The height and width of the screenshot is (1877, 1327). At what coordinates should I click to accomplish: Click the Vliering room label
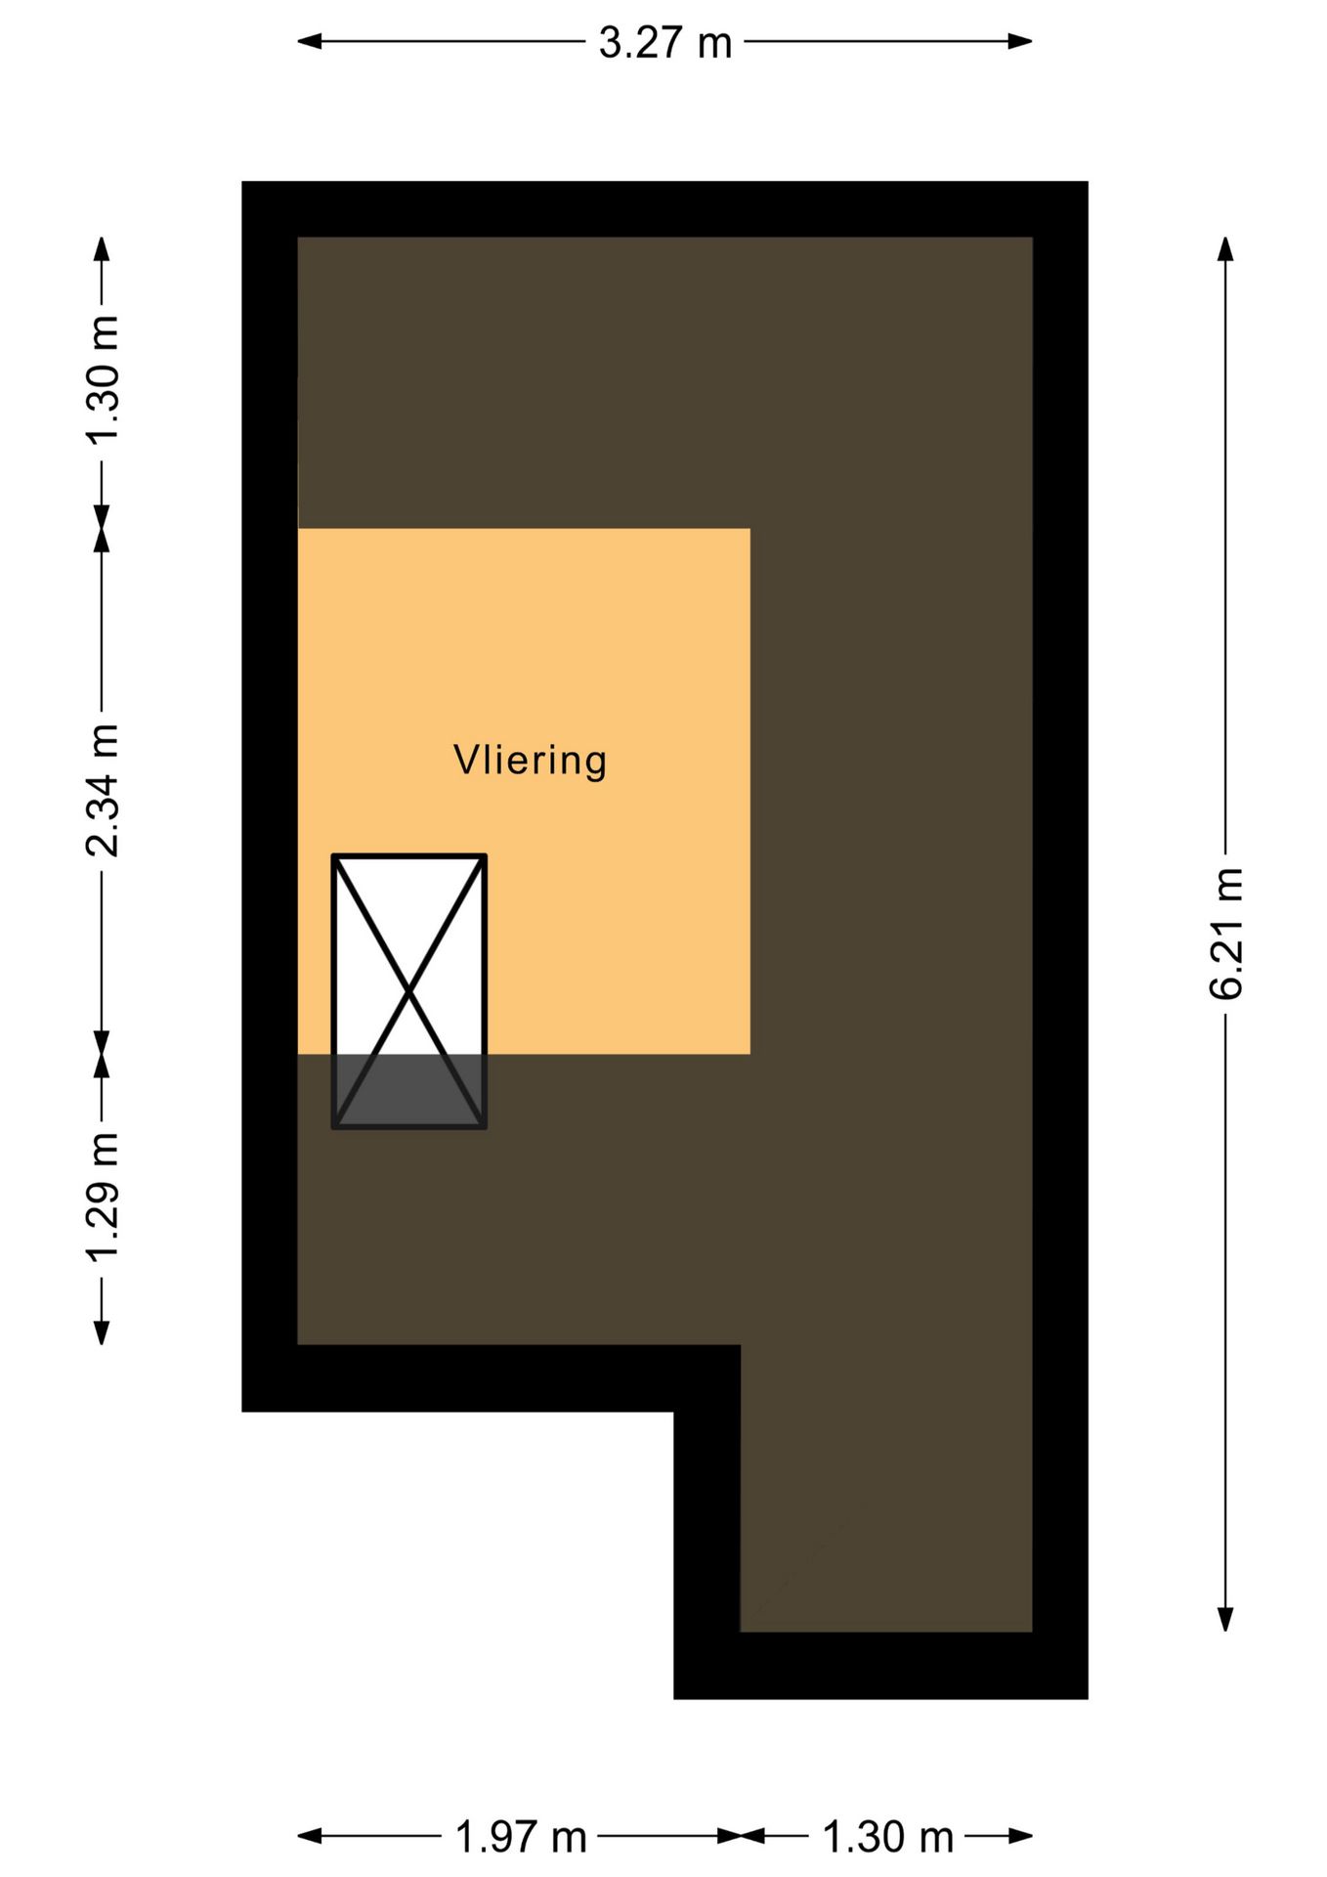coord(530,761)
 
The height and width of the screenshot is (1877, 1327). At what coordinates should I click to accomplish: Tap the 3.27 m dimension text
coord(664,43)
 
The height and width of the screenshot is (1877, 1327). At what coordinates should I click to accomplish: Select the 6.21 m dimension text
coord(1225,934)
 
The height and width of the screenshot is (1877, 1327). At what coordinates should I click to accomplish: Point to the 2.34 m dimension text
coord(102,791)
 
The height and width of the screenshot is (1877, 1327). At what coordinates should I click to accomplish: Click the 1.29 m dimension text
coord(102,1197)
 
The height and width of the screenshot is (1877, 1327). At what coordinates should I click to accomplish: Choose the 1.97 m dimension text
coord(521,1838)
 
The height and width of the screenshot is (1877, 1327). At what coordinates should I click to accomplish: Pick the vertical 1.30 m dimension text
coord(102,380)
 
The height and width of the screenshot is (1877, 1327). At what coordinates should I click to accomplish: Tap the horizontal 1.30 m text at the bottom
coord(887,1838)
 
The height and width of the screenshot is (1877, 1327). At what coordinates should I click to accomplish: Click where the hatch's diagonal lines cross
coord(409,991)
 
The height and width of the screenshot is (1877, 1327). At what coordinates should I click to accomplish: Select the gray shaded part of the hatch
coord(409,1090)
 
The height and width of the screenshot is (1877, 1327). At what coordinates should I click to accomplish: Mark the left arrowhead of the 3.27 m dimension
coord(310,41)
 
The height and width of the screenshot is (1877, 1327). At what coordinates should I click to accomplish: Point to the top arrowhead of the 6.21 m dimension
coord(1225,249)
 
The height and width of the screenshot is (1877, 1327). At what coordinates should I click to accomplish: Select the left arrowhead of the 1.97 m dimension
coord(310,1836)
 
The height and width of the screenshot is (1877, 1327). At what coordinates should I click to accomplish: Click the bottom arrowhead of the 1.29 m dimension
coord(102,1331)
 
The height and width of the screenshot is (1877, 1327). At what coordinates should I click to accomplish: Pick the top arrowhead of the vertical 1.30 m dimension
coord(102,249)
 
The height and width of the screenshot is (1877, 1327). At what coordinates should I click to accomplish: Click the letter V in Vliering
coord(466,760)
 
